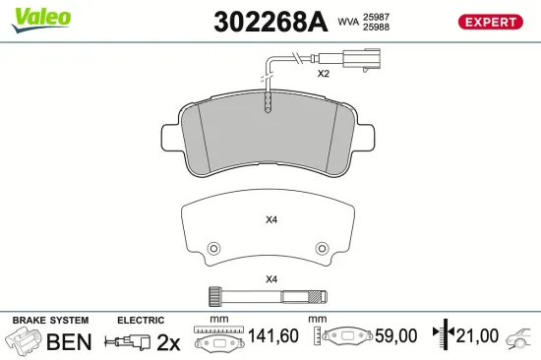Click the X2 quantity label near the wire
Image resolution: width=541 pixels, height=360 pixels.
(x=323, y=74)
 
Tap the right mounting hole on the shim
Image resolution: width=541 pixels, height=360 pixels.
(x=321, y=248)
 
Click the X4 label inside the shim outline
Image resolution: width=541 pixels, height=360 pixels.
(x=271, y=219)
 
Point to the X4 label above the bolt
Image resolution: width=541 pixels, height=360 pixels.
(x=271, y=278)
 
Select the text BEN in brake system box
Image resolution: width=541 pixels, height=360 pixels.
(x=70, y=342)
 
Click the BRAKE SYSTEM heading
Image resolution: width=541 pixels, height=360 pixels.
(x=50, y=321)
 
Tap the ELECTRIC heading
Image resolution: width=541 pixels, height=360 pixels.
(x=141, y=321)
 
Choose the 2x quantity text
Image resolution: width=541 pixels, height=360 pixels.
(x=170, y=342)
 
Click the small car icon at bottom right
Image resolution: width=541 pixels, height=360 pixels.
(x=516, y=340)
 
